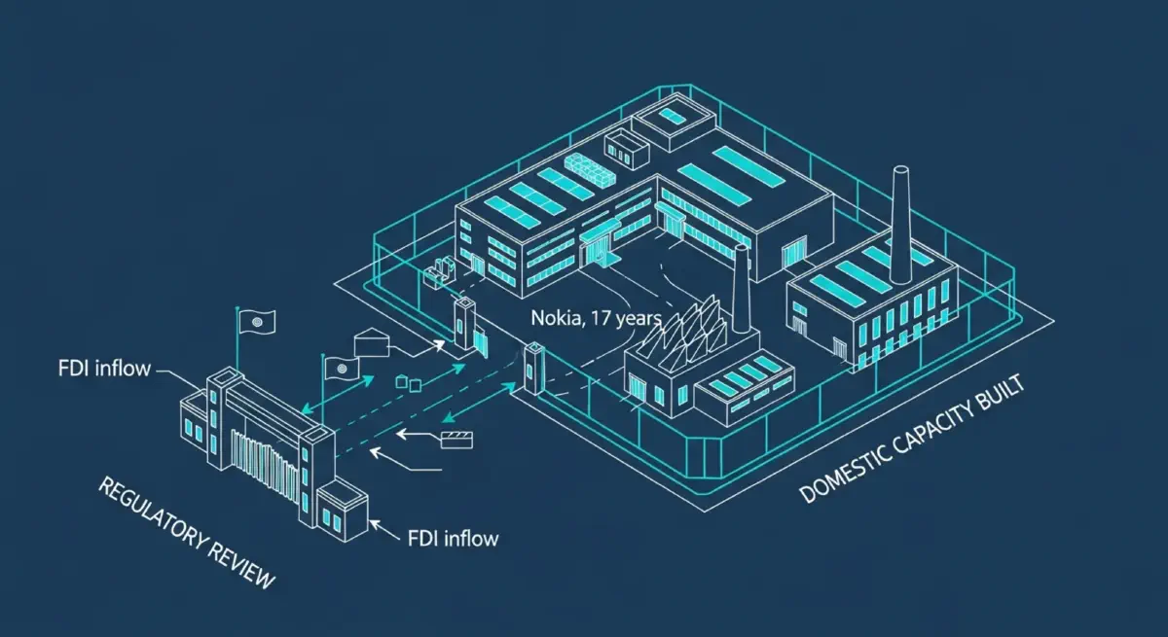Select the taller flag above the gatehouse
point(258,319)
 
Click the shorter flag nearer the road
point(341,367)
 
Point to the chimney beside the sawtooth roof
point(742,291)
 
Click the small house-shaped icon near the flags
point(369,342)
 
